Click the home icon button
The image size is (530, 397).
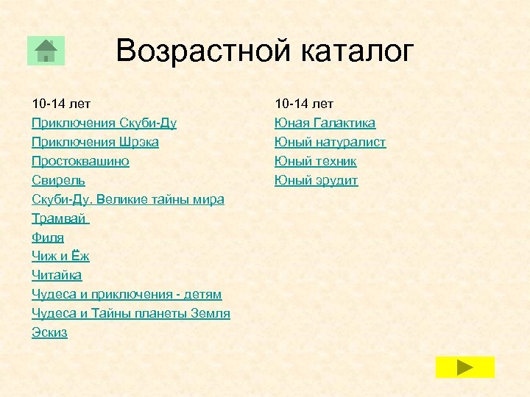46,51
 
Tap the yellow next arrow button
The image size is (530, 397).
464,367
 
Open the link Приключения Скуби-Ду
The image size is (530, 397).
104,123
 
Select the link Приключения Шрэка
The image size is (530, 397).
95,142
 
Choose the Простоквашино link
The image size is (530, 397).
80,161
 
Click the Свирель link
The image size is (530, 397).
58,180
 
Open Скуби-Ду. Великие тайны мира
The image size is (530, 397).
128,199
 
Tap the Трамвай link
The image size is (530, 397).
60,218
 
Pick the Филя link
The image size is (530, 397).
48,237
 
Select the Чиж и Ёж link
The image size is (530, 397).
60,257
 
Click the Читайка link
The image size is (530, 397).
57,275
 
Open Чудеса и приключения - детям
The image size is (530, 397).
127,294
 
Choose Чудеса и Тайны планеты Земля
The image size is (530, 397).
131,313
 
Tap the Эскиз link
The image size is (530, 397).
49,332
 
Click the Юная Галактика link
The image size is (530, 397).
325,123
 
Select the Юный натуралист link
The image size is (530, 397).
330,142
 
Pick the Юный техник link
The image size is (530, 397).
315,161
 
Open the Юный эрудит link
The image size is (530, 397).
316,180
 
